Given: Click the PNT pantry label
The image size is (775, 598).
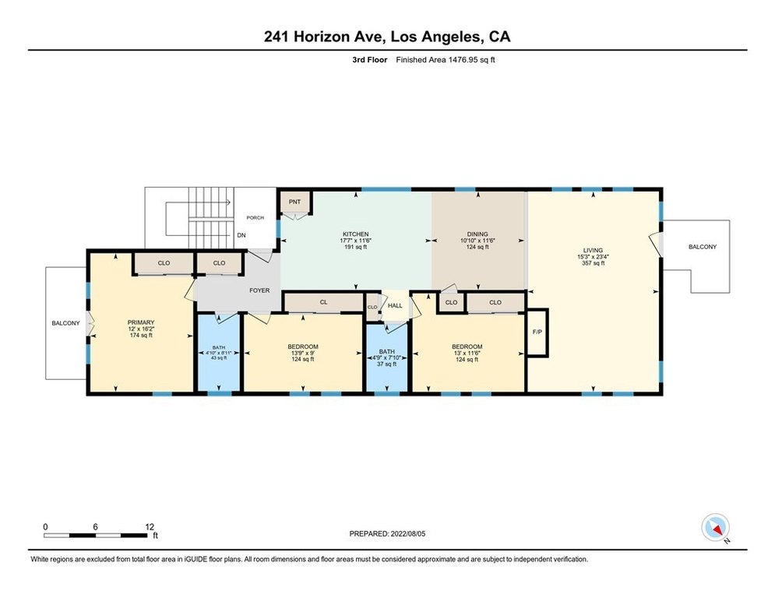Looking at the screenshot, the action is pyautogui.click(x=294, y=202).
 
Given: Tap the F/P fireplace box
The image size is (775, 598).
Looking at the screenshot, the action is pyautogui.click(x=537, y=332).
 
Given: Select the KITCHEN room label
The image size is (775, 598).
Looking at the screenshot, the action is pyautogui.click(x=355, y=234).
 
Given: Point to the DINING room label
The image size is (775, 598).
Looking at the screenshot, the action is pyautogui.click(x=477, y=234).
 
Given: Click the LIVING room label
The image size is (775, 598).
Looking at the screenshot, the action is pyautogui.click(x=593, y=251).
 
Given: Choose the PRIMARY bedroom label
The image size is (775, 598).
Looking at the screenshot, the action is pyautogui.click(x=141, y=322).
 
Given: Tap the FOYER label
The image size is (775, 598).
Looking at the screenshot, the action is pyautogui.click(x=259, y=290).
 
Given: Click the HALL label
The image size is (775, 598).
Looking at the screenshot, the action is pyautogui.click(x=395, y=306).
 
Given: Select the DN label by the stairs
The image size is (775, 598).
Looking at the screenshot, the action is pyautogui.click(x=241, y=236).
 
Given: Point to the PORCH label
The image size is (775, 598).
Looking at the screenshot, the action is pyautogui.click(x=255, y=218).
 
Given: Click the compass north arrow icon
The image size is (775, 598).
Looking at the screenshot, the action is pyautogui.click(x=716, y=528).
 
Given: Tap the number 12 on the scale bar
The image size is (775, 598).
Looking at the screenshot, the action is pyautogui.click(x=150, y=527).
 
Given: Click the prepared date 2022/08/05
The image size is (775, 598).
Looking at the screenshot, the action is pyautogui.click(x=408, y=533).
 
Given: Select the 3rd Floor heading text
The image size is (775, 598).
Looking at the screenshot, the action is pyautogui.click(x=370, y=60).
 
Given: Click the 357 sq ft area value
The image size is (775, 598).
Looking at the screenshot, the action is pyautogui.click(x=593, y=263).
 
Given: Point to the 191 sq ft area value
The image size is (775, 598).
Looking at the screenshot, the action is pyautogui.click(x=355, y=247).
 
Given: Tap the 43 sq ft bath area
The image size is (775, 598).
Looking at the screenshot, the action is pyautogui.click(x=218, y=358).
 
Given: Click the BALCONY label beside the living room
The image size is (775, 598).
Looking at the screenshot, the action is pyautogui.click(x=703, y=247).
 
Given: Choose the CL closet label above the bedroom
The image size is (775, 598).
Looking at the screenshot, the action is pyautogui.click(x=323, y=302).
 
